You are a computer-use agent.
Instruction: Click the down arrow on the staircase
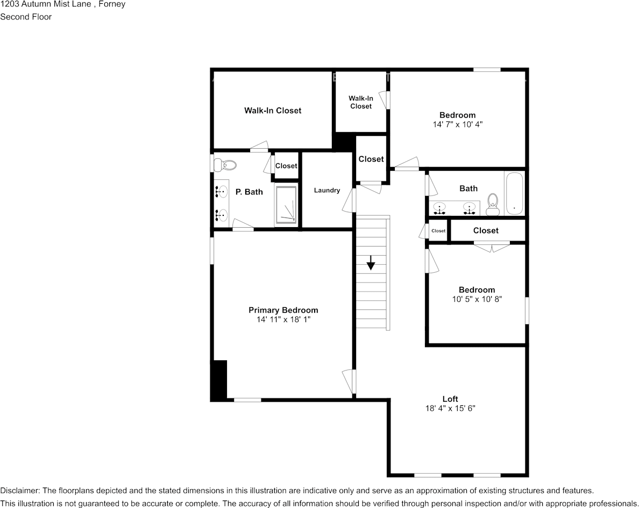pyautogui.click(x=371, y=263)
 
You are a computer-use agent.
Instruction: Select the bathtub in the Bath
pyautogui.click(x=514, y=193)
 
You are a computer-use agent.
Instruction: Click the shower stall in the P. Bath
pyautogui.click(x=286, y=204)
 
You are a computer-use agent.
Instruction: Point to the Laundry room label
pyautogui.click(x=327, y=190)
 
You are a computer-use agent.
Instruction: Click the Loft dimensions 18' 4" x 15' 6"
pyautogui.click(x=450, y=408)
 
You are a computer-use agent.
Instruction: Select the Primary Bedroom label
pyautogui.click(x=283, y=310)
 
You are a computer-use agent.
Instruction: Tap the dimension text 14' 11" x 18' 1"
pyautogui.click(x=283, y=320)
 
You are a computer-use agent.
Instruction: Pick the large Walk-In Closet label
pyautogui.click(x=273, y=111)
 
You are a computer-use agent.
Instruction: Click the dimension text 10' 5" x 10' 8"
pyautogui.click(x=477, y=299)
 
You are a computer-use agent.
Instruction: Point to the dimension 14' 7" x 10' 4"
pyautogui.click(x=457, y=124)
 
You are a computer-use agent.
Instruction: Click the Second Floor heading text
pyautogui.click(x=26, y=17)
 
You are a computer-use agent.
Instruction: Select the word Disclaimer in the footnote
pyautogui.click(x=19, y=490)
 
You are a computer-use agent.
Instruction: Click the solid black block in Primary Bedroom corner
pyautogui.click(x=219, y=380)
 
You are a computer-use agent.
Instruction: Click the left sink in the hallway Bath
pyautogui.click(x=441, y=208)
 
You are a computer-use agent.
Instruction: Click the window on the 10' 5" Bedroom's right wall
pyautogui.click(x=527, y=310)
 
